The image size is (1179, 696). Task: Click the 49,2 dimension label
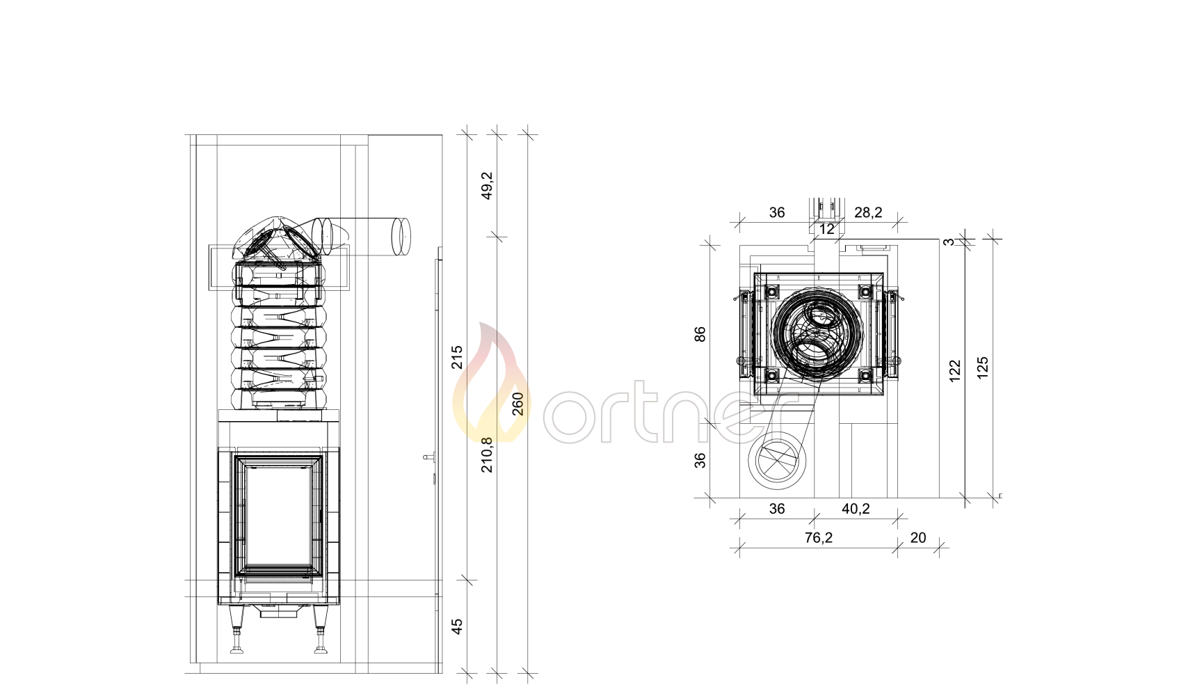pos(488,186)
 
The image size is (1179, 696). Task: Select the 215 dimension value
pos(457,357)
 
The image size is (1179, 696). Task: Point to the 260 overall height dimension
pos(518,404)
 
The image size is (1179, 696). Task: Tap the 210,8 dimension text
pos(488,455)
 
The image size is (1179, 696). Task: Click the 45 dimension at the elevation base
pos(457,626)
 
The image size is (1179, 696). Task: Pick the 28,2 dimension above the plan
pos(868,212)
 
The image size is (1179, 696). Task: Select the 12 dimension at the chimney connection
pos(827,229)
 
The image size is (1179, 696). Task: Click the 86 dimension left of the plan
pos(700,334)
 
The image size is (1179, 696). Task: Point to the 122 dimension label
pos(954,371)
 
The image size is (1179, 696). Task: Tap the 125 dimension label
pos(982,367)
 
